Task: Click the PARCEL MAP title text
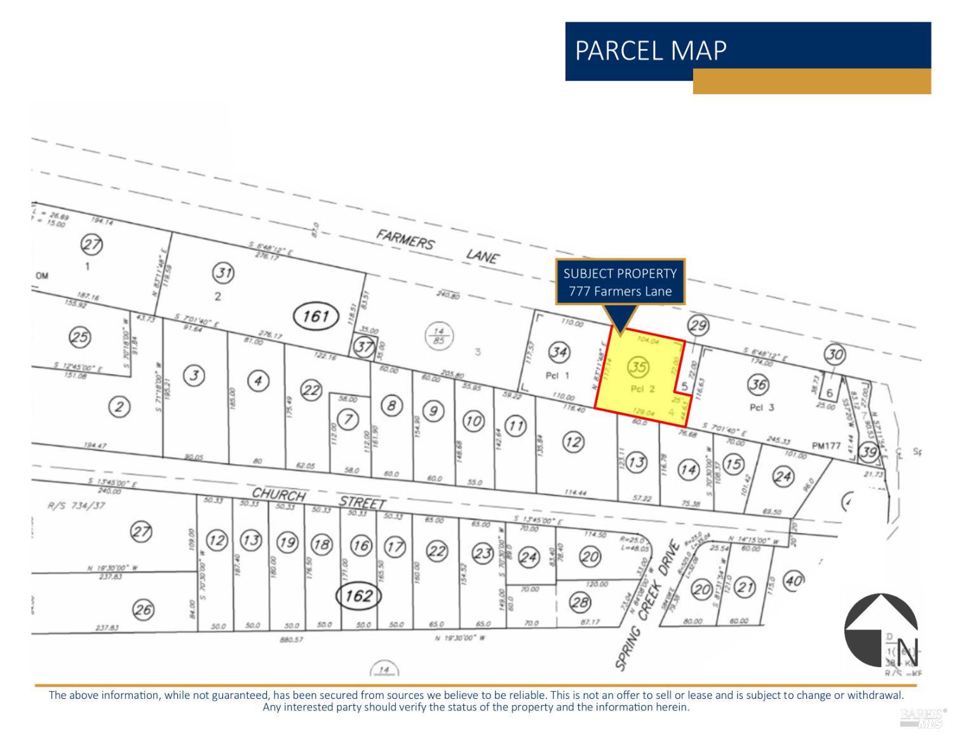click(650, 50)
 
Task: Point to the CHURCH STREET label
click(318, 498)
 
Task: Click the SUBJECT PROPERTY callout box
click(620, 282)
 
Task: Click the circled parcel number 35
click(638, 366)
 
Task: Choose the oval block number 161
click(316, 315)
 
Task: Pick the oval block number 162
click(358, 596)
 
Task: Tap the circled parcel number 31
click(223, 273)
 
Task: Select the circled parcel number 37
click(363, 347)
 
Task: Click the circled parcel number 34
click(558, 352)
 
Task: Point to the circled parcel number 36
click(758, 384)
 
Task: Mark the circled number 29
click(698, 326)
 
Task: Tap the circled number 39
click(869, 452)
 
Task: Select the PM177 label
click(826, 446)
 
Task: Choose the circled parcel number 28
click(579, 602)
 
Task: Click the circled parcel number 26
click(143, 610)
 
